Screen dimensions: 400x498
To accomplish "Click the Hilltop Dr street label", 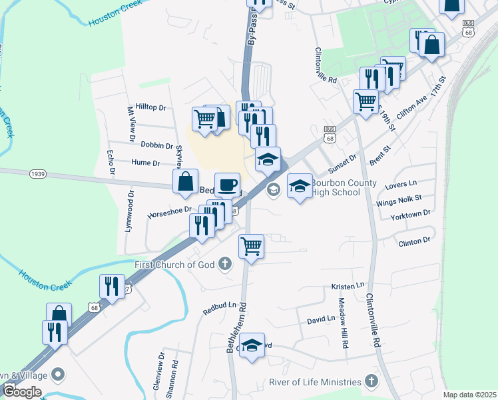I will pos(150,107).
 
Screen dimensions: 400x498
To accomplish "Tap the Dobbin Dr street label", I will pos(156,145).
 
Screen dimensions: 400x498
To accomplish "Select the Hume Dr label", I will pos(146,163).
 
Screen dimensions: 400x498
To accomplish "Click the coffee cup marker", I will pos(227,184).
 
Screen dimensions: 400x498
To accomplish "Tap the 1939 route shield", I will pos(37,174).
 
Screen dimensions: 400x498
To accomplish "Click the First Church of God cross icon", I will pos(226,265).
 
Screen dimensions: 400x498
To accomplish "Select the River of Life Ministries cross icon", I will pos(372,382).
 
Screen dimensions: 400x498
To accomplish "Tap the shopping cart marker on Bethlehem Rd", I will pos(252,246).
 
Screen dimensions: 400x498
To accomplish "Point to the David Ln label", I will pos(321,320).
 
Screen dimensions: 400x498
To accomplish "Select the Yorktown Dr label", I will pos(412,213).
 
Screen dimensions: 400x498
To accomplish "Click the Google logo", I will pos(22,391).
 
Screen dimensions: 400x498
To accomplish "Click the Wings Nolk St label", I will pos(399,198).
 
